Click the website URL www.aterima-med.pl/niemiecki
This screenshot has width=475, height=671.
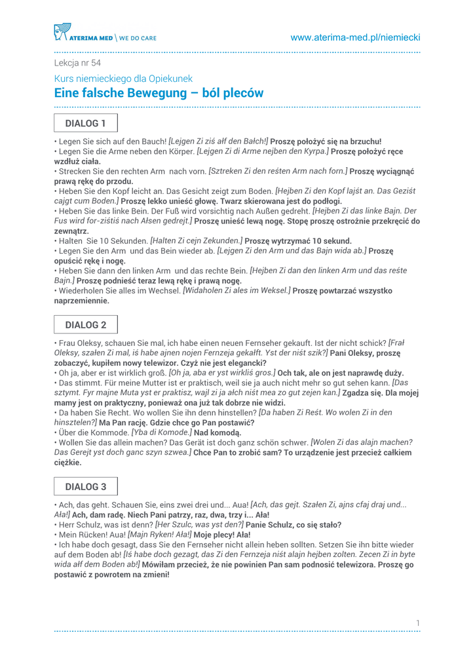click(355, 37)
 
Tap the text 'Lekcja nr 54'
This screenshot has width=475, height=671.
click(77, 63)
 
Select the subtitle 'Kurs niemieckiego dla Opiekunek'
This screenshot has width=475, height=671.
click(123, 79)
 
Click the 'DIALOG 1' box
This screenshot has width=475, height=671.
click(85, 123)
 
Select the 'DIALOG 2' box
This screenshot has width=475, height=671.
click(85, 324)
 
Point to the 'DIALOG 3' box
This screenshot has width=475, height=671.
click(85, 486)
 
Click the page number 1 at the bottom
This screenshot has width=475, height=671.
click(417, 622)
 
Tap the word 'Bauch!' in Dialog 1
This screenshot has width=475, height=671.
click(153, 141)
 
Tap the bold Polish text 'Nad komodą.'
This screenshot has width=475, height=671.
click(218, 432)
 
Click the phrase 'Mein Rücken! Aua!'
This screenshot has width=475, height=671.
click(91, 535)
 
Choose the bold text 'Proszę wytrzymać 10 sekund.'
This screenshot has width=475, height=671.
click(298, 240)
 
